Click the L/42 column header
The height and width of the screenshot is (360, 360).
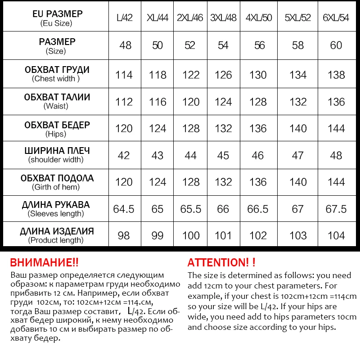pyautogui.click(x=124, y=18)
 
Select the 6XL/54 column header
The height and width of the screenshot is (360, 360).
pyautogui.click(x=336, y=18)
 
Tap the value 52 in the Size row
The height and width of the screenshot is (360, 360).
pyautogui.click(x=190, y=45)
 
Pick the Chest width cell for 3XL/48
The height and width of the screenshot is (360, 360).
pyautogui.click(x=223, y=75)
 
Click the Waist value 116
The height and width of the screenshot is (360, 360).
pyautogui.click(x=157, y=102)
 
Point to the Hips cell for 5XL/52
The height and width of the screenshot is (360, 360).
pyautogui.click(x=298, y=129)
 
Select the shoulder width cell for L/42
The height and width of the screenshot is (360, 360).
pyautogui.click(x=124, y=155)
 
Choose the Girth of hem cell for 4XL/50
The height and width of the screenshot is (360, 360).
pyautogui.click(x=258, y=182)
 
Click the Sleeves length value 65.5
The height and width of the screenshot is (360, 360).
pyautogui.click(x=190, y=209)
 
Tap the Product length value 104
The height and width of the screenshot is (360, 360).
pyautogui.click(x=336, y=235)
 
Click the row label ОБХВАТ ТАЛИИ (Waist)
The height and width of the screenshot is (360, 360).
pyautogui.click(x=57, y=101)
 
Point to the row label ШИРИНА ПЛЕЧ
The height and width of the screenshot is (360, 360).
pyautogui.click(x=57, y=151)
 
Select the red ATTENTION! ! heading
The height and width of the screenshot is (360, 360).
pyautogui.click(x=221, y=263)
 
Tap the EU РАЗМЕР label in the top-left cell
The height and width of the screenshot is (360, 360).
pyautogui.click(x=58, y=14)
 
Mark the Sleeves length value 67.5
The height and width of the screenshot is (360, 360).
pyautogui.click(x=336, y=209)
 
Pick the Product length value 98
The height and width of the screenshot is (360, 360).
pyautogui.click(x=124, y=235)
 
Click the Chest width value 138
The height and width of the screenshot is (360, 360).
pyautogui.click(x=336, y=75)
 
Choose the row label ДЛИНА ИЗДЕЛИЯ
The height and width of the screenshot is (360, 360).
pyautogui.click(x=57, y=231)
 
